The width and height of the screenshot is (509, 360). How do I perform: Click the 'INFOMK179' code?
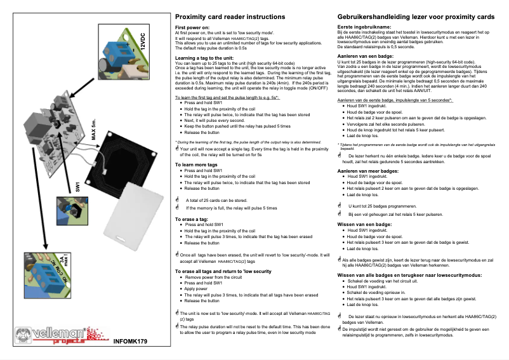[130, 342]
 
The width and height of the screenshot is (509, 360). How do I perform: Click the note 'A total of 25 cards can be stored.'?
[216, 201]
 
